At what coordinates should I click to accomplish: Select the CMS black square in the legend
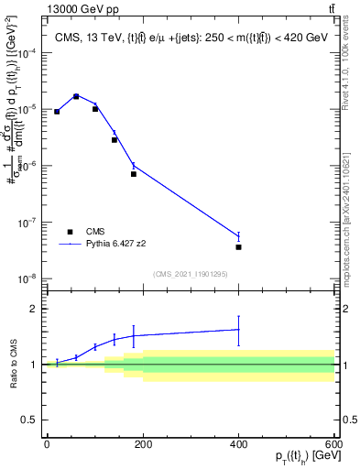tap(70, 232)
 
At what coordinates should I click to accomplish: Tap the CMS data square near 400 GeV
tap(238, 247)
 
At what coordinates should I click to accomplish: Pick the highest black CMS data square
tap(76, 95)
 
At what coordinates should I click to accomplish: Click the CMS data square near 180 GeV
tap(134, 174)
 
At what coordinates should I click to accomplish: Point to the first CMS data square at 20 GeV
tap(57, 112)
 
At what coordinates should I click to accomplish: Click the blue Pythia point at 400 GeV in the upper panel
tap(238, 236)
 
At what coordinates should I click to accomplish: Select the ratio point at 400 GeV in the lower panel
tap(238, 330)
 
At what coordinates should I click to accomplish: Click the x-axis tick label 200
tap(142, 443)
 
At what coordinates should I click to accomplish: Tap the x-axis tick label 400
tap(238, 443)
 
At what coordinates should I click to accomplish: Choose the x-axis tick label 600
tap(333, 443)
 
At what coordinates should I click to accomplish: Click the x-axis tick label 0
tap(47, 443)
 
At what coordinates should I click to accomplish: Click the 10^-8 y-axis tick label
tap(27, 278)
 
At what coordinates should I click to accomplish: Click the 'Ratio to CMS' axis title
tap(12, 365)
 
